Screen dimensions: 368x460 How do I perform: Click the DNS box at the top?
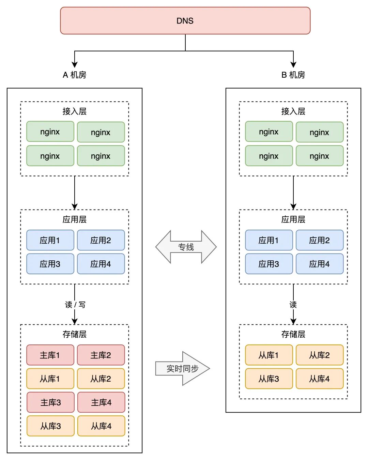[185, 20]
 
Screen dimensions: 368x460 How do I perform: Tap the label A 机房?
[74, 75]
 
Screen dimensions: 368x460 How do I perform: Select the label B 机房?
[293, 75]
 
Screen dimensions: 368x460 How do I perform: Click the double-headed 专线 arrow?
[186, 247]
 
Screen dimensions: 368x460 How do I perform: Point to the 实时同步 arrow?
[182, 369]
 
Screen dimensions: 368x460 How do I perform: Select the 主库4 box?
[101, 402]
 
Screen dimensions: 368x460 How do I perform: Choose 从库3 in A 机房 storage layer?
[50, 426]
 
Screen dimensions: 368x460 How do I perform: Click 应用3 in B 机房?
[269, 264]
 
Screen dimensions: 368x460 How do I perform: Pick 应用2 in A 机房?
[101, 240]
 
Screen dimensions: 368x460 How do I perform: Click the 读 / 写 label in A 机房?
[75, 305]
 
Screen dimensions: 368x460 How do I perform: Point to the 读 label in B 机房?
[293, 305]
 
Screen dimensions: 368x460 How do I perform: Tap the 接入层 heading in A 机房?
[74, 111]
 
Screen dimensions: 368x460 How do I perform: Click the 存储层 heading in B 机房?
[293, 334]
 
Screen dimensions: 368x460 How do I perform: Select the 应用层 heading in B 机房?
[293, 219]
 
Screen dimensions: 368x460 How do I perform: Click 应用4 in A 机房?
[101, 264]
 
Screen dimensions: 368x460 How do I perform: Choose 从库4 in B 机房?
[320, 379]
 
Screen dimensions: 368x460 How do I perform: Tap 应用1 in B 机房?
[269, 240]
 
